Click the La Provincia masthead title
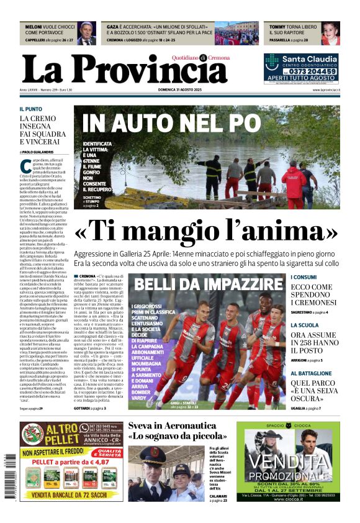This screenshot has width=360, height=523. [124, 69]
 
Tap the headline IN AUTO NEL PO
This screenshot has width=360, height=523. [171, 123]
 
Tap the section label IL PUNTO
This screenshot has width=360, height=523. [31, 109]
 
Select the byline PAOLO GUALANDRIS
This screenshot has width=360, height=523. [38, 152]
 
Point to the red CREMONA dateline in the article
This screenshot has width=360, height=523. [88, 276]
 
